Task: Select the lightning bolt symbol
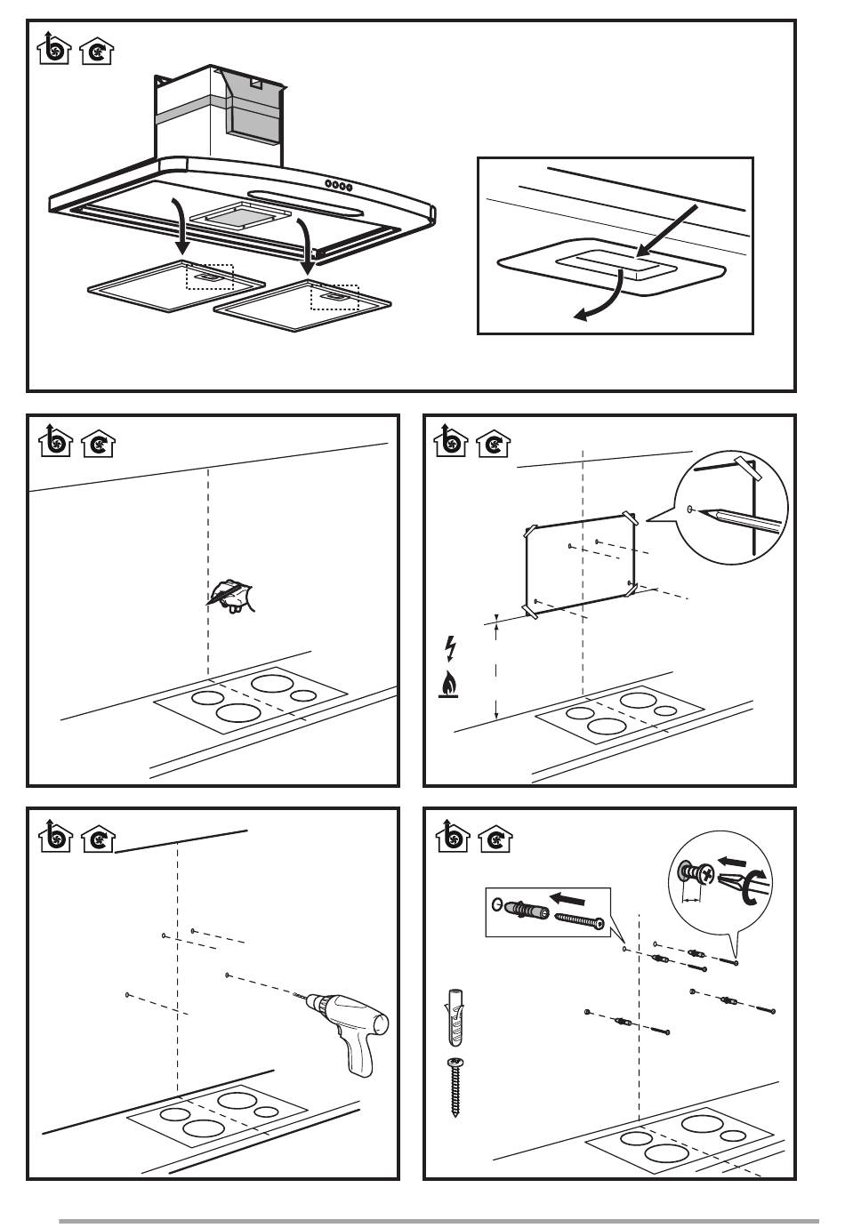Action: click(450, 648)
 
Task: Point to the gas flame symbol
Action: click(450, 686)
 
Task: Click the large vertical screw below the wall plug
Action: click(456, 1085)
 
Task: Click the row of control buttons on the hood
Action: click(339, 186)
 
